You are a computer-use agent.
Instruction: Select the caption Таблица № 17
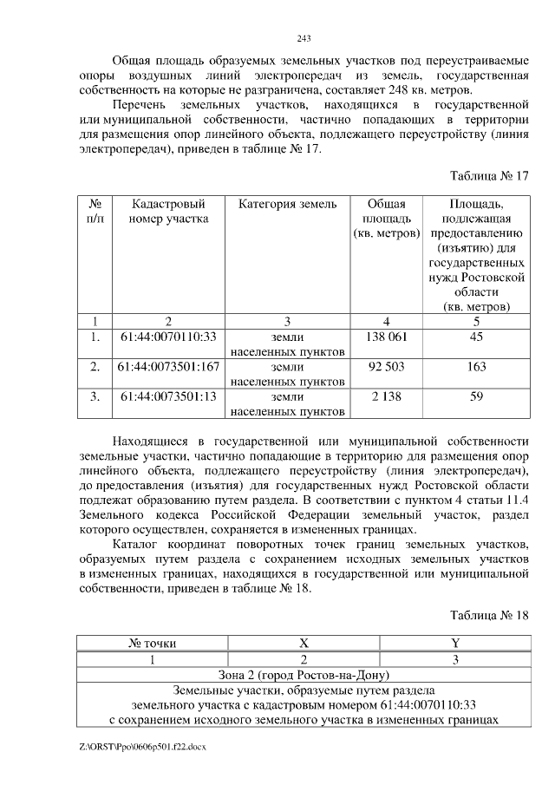(x=487, y=174)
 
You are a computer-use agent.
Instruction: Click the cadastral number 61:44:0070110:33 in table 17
(x=168, y=336)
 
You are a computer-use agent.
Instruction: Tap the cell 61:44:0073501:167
(x=168, y=367)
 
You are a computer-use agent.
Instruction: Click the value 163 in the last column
(x=475, y=367)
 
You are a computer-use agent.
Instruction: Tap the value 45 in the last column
(x=475, y=336)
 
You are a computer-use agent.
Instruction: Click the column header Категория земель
(x=287, y=204)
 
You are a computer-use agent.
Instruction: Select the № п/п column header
(x=95, y=211)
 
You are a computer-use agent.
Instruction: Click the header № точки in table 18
(x=152, y=644)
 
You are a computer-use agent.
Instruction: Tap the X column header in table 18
(x=304, y=644)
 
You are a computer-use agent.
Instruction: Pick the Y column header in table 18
(x=454, y=644)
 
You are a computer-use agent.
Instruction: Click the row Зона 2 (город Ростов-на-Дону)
(x=304, y=675)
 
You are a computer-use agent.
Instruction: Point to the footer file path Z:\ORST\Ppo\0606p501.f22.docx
(x=144, y=746)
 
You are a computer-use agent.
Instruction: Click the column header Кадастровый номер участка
(x=168, y=211)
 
